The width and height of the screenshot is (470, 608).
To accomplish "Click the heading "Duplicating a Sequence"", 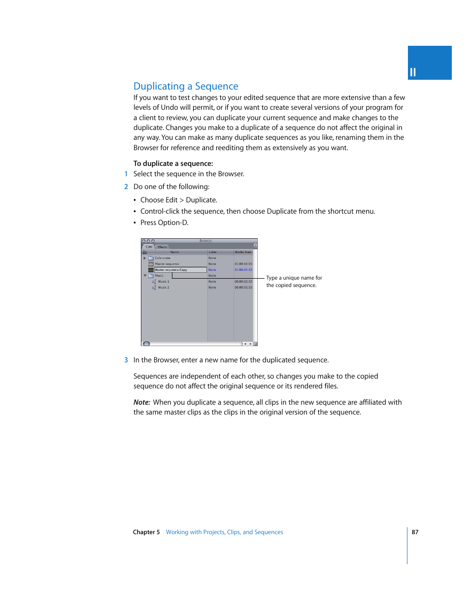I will (x=186, y=86).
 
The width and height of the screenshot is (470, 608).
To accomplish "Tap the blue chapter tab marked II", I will (x=429, y=63).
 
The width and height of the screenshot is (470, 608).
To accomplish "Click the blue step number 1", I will (x=126, y=174).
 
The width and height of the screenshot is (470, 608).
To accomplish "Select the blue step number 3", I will (x=126, y=360).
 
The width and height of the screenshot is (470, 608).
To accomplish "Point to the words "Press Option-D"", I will (x=164, y=223).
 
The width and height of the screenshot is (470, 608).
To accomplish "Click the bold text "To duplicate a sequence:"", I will (x=173, y=163).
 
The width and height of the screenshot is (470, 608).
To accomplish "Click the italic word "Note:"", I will (x=142, y=402).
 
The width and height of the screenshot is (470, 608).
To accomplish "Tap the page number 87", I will (x=415, y=532).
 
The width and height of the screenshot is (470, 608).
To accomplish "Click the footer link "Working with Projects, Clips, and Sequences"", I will (x=224, y=532).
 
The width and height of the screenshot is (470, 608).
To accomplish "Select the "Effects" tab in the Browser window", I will (x=163, y=247).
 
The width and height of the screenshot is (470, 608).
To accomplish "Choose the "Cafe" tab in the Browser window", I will (x=149, y=247).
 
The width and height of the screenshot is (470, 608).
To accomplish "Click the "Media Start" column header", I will (x=243, y=252).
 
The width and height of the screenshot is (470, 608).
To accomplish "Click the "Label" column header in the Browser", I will (x=213, y=252).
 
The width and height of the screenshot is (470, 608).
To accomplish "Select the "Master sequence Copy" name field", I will (x=180, y=270).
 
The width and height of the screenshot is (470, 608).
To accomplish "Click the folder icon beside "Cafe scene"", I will (x=151, y=258).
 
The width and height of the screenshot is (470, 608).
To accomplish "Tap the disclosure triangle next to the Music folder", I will (x=145, y=276).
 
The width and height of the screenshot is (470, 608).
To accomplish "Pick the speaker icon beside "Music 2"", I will (x=154, y=288).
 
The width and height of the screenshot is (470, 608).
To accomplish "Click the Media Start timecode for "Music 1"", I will (x=243, y=282).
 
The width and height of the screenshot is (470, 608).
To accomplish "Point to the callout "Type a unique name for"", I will (x=294, y=278).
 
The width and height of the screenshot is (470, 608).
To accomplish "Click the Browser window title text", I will (x=205, y=241).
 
